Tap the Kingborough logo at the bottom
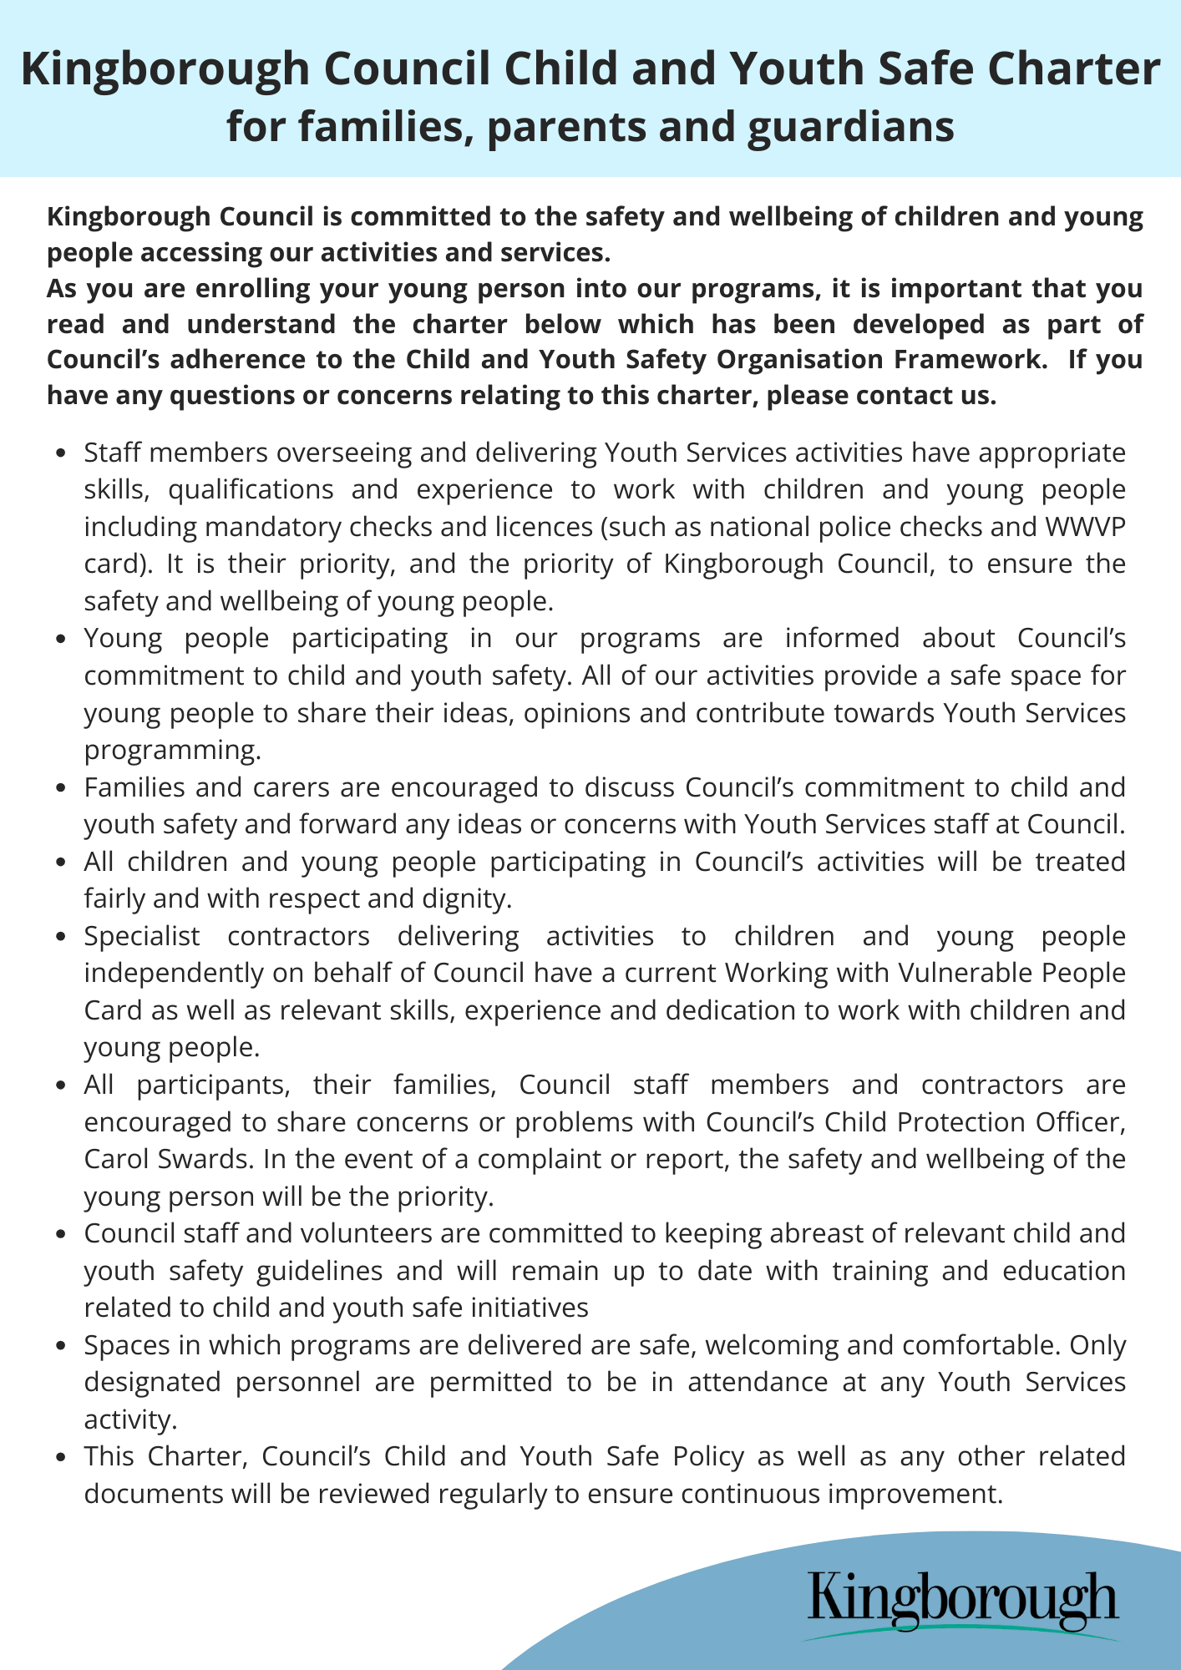(963, 1602)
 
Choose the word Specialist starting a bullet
(142, 936)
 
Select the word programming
(172, 750)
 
